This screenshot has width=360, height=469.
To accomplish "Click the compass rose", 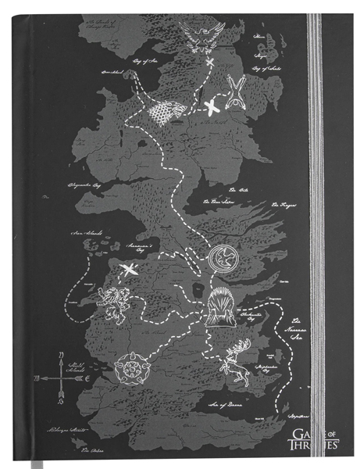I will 66,379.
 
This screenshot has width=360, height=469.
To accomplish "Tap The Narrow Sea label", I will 298,330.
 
